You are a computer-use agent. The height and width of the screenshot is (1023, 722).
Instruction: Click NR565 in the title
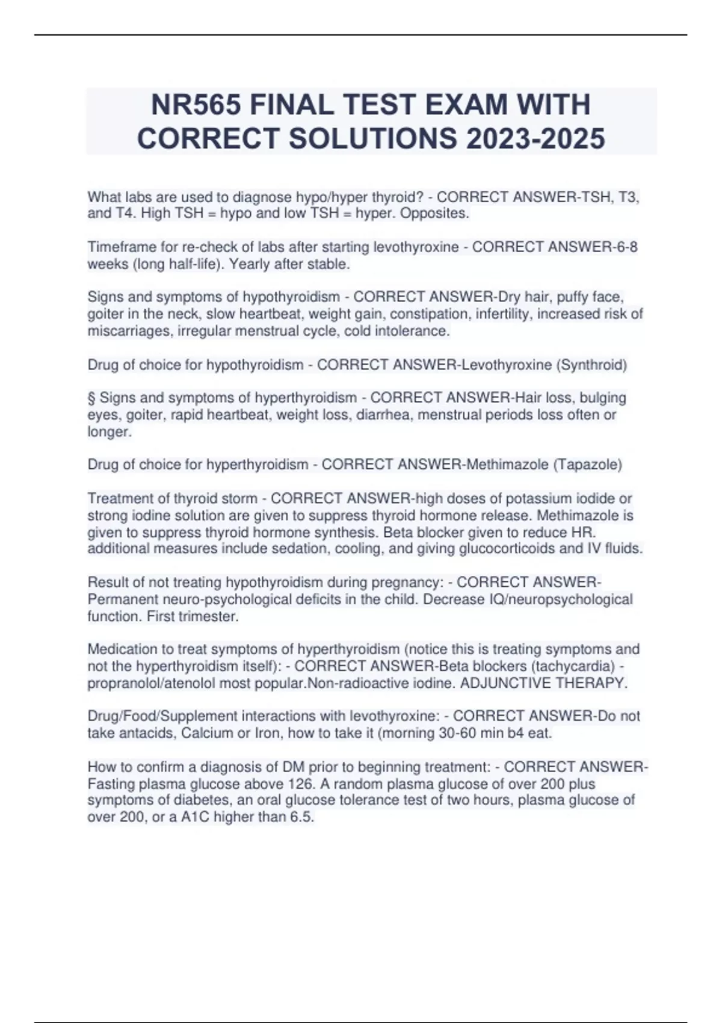tap(195, 105)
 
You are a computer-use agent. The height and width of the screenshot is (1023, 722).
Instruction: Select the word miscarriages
tap(130, 331)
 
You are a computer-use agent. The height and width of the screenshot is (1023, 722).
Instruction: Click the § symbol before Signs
tap(91, 398)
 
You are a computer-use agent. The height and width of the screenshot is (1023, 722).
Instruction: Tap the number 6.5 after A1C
tap(303, 817)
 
